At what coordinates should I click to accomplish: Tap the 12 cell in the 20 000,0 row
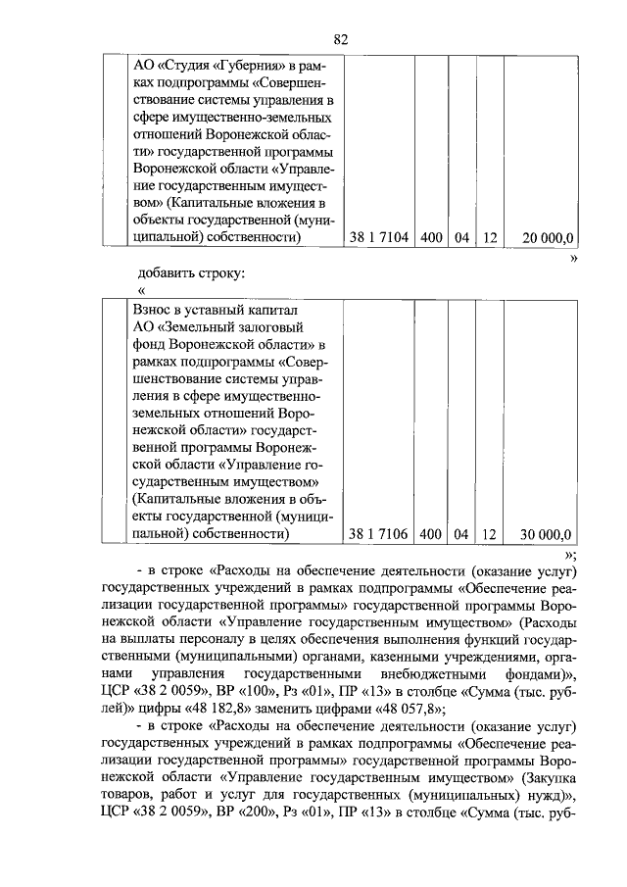[491, 237]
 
